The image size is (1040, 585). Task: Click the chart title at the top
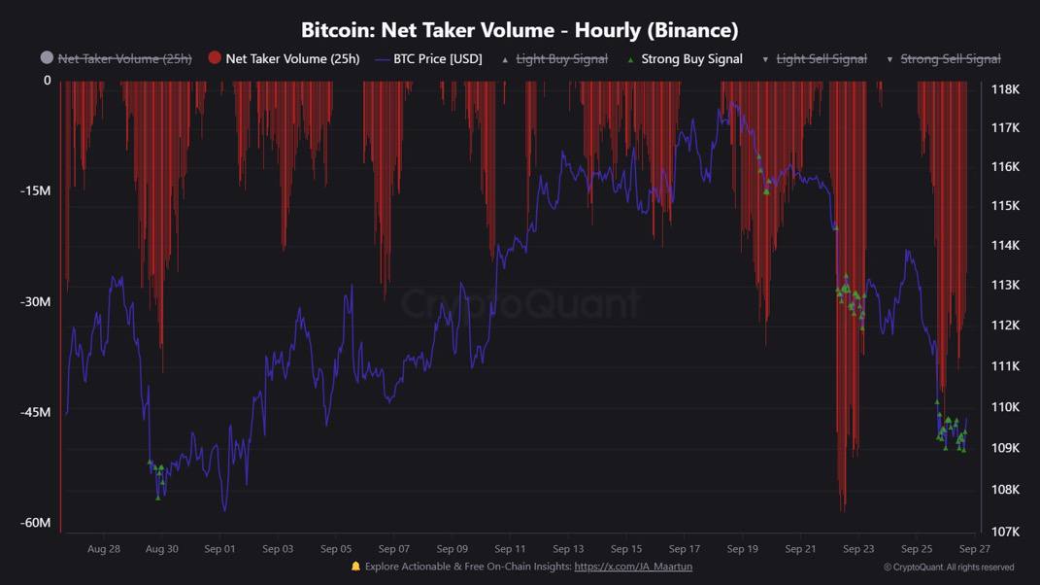[x=520, y=30]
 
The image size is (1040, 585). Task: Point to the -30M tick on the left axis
[x=35, y=301]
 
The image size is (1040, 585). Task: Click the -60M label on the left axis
[x=35, y=523]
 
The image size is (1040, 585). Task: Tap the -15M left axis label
[x=35, y=190]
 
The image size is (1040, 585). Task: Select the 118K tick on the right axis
[x=1005, y=89]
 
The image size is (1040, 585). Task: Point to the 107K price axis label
[x=1005, y=532]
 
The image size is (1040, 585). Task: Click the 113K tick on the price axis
[x=1005, y=285]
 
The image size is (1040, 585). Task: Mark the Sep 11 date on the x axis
[x=510, y=549]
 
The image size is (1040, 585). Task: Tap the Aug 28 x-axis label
[x=104, y=549]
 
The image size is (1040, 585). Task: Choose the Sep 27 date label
[x=974, y=549]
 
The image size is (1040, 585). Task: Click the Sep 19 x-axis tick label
[x=742, y=549]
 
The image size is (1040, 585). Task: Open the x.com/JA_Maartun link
[x=633, y=567]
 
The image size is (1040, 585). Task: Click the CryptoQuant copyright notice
[x=949, y=568]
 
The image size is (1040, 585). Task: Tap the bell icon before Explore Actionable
[x=355, y=567]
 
